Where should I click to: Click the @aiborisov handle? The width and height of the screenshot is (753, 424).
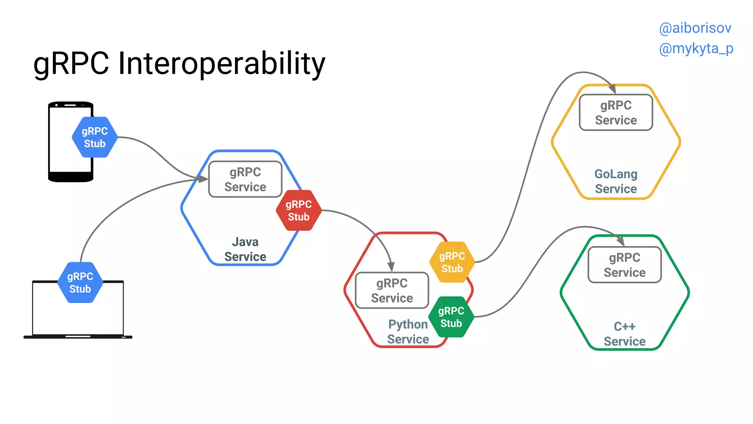click(695, 28)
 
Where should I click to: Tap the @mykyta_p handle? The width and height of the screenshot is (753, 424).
click(696, 49)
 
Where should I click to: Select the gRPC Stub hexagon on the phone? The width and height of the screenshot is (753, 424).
click(95, 137)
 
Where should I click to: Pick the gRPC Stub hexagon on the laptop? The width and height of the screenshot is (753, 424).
click(80, 283)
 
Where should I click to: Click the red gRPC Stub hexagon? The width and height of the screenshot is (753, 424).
click(299, 211)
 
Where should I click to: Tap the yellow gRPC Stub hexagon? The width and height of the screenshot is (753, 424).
click(452, 262)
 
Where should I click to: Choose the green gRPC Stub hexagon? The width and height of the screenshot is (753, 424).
click(451, 317)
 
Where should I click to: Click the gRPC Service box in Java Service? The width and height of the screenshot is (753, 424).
click(245, 179)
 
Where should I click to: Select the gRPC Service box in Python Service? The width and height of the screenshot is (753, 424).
click(392, 290)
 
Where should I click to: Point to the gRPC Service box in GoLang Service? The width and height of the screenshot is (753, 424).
click(616, 113)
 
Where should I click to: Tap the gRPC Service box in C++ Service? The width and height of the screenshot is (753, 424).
click(625, 265)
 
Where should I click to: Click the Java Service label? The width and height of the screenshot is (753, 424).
click(245, 249)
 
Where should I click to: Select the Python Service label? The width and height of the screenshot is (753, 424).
click(408, 332)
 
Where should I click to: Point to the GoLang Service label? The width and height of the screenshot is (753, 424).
click(616, 181)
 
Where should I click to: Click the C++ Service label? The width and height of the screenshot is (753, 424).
click(625, 334)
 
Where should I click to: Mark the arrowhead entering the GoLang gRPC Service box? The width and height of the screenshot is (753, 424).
click(612, 89)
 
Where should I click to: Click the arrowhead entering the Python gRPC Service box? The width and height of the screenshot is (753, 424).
click(391, 266)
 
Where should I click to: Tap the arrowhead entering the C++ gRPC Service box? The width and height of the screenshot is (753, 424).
click(621, 241)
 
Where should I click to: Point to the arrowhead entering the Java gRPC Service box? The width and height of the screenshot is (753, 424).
click(203, 179)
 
